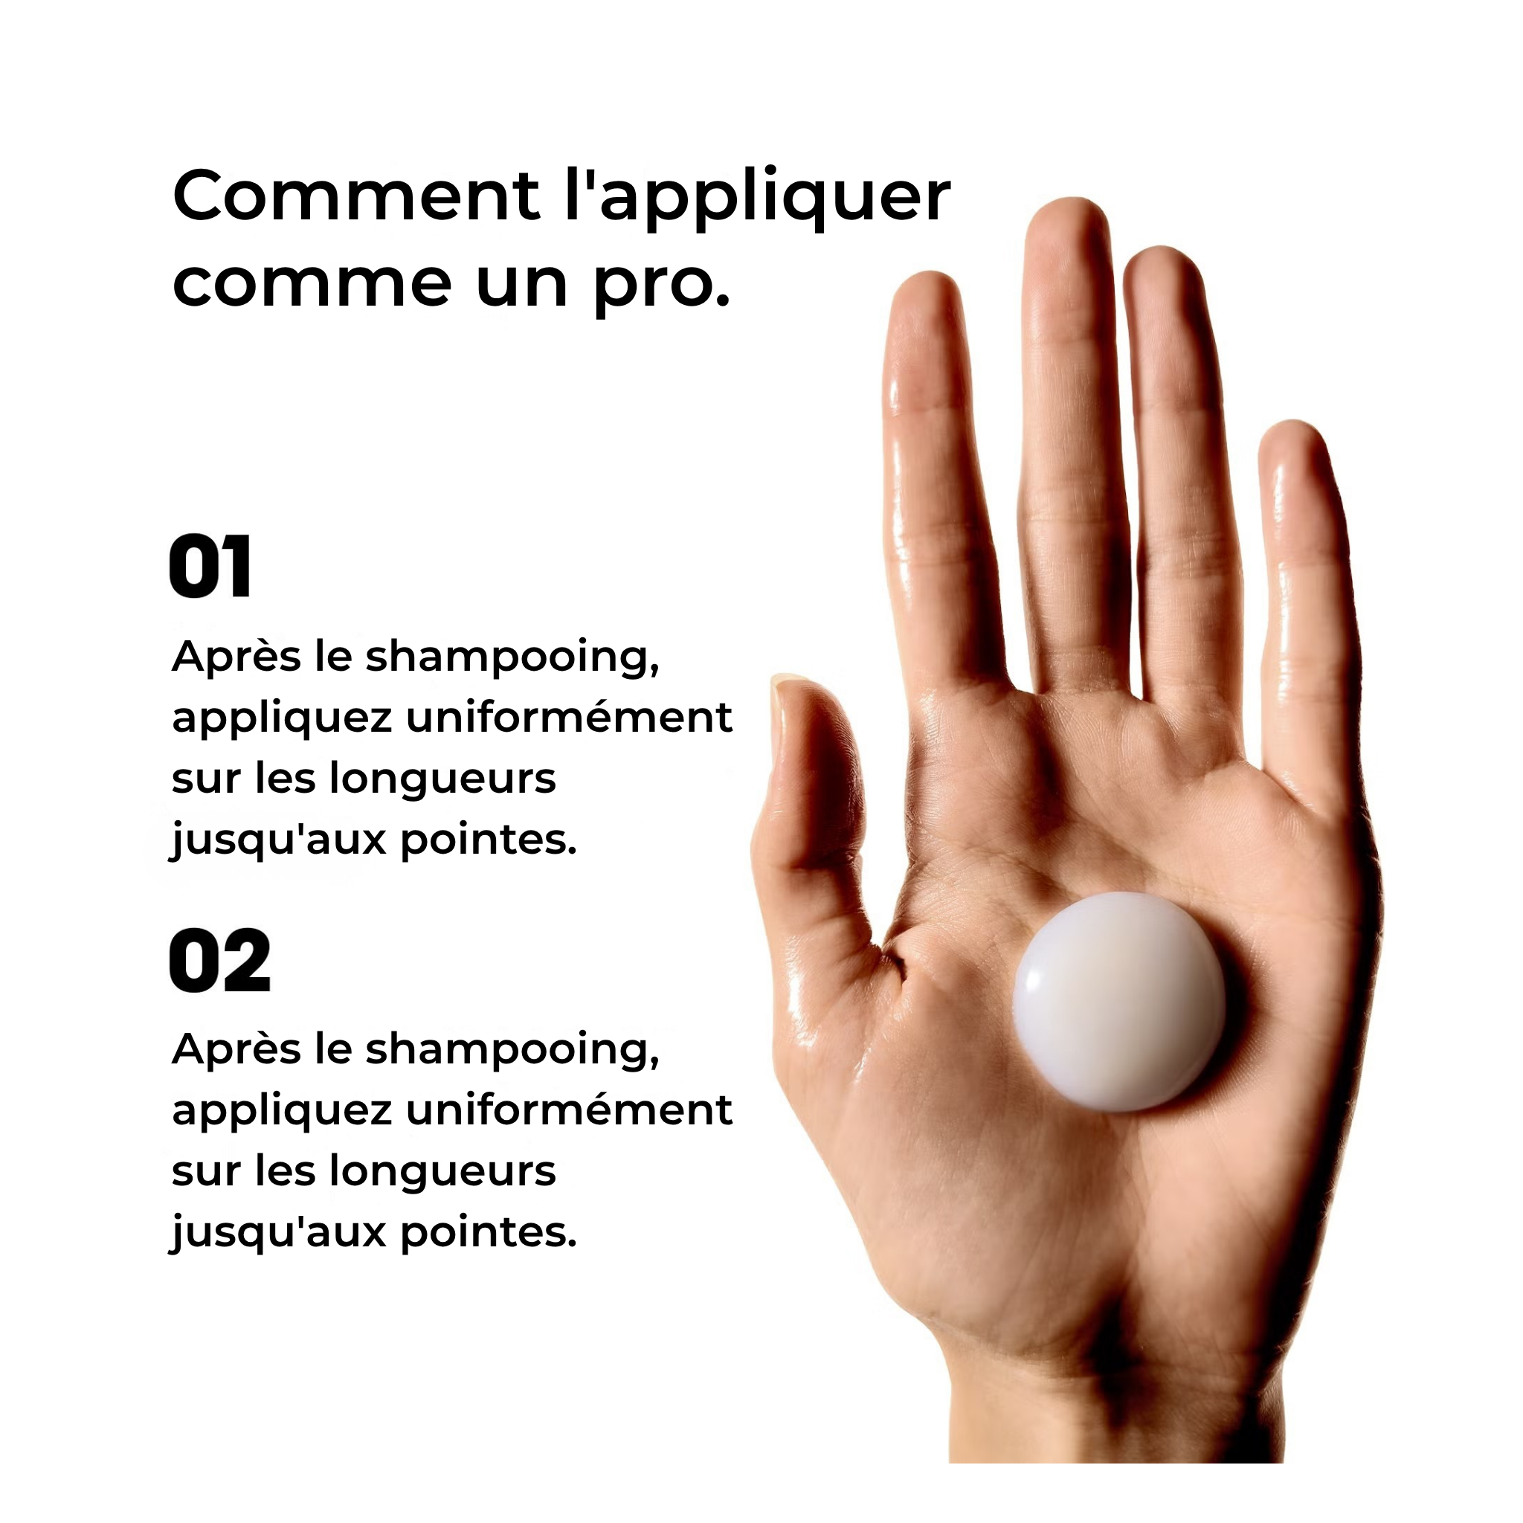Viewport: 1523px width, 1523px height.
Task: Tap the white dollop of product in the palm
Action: coord(1118,1000)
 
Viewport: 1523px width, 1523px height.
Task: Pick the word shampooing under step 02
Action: coord(512,1050)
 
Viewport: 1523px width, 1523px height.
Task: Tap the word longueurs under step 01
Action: coord(442,778)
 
